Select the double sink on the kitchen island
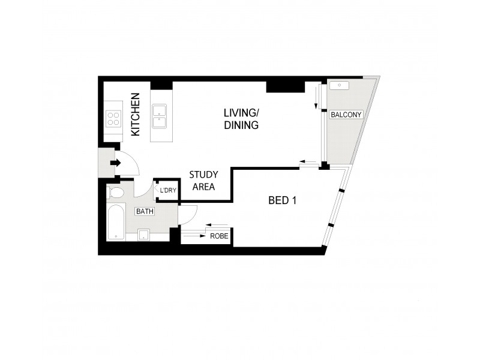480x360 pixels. pyautogui.click(x=159, y=116)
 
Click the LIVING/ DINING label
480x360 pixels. pyautogui.click(x=241, y=119)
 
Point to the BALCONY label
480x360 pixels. pyautogui.click(x=346, y=114)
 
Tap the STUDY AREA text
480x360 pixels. pyautogui.click(x=203, y=181)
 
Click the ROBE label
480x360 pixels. pyautogui.click(x=218, y=236)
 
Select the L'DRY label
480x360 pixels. pyautogui.click(x=168, y=191)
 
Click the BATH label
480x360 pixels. pyautogui.click(x=144, y=212)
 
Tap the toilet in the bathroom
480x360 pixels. pyautogui.click(x=116, y=193)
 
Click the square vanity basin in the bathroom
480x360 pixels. pyautogui.click(x=143, y=235)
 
